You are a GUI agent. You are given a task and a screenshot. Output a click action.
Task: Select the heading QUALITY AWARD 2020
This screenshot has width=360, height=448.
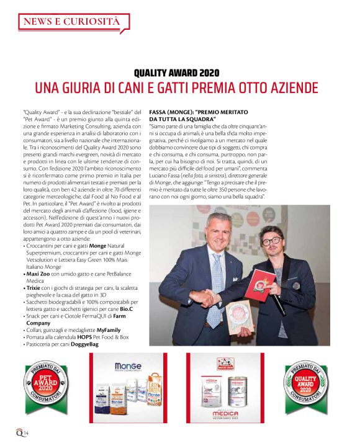point(179,73)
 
